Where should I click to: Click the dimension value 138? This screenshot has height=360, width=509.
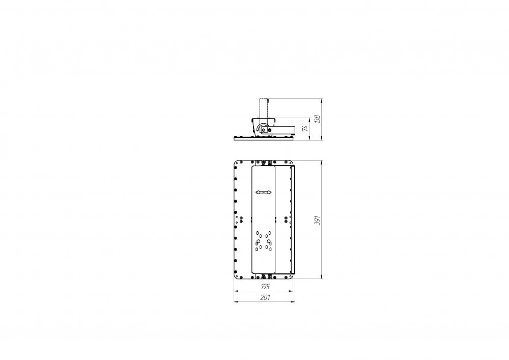point(318,119)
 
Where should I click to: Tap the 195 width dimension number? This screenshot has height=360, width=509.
point(264,287)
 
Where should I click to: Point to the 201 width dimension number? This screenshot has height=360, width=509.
point(264,297)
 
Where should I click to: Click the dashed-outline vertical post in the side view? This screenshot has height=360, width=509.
point(264,107)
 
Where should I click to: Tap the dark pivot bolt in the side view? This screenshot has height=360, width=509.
point(264,129)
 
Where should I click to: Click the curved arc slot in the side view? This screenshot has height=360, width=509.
point(260,127)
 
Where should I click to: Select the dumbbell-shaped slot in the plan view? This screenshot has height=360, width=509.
point(264,192)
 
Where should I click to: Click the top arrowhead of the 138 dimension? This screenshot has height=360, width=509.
point(323,100)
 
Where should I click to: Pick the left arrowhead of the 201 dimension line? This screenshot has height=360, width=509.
point(235,301)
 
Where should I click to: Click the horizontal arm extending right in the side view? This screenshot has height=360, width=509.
point(285,129)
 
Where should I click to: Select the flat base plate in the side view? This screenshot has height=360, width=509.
point(264,137)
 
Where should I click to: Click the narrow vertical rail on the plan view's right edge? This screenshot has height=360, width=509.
point(293,220)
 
